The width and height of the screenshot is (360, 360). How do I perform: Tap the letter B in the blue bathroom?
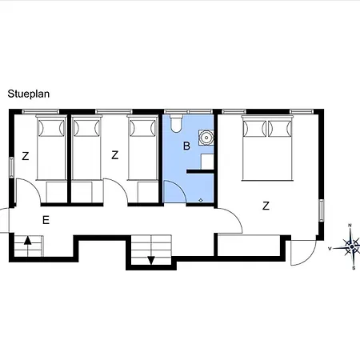point(186,146)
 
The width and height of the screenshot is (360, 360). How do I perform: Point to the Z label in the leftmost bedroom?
point(26,156)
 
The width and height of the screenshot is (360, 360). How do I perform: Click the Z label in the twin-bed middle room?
point(115,156)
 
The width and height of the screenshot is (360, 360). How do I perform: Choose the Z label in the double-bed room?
point(266,206)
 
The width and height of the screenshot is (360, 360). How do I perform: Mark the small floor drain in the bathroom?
point(200,197)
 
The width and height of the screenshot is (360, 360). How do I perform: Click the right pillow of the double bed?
point(281,128)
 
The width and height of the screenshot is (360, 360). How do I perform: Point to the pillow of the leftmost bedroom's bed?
point(50,128)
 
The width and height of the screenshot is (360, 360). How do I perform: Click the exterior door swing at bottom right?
point(302,254)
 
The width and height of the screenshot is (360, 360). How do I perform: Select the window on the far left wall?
point(11,167)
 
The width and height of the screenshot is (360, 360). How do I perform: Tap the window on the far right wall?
point(322,210)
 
